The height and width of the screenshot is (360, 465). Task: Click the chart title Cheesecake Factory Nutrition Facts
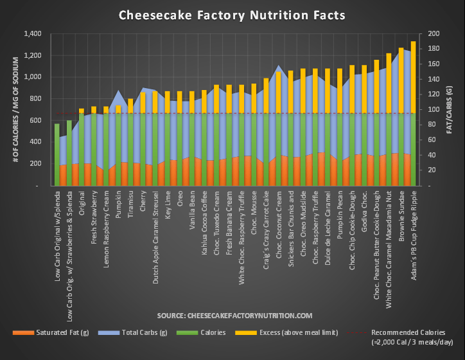(x=232, y=15)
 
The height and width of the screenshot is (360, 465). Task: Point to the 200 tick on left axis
(x=34, y=164)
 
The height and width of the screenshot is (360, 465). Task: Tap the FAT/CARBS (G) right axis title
(x=453, y=109)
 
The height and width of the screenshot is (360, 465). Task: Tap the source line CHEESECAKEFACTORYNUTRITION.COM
(x=234, y=316)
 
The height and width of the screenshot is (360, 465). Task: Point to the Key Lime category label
(x=168, y=206)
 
